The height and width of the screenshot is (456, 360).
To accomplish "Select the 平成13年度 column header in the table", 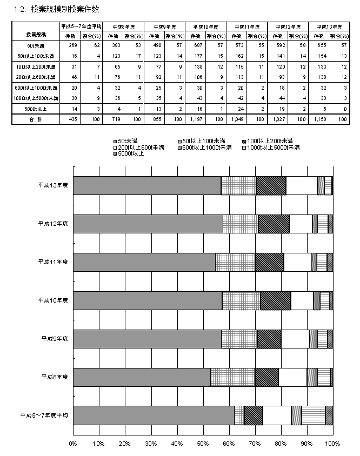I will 329,26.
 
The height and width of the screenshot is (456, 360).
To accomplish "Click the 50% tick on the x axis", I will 203,444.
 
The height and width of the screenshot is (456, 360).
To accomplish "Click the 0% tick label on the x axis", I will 74,444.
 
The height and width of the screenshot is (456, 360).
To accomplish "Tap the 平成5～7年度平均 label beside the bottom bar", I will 44,415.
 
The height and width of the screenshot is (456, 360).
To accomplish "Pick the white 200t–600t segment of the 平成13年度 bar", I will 301,185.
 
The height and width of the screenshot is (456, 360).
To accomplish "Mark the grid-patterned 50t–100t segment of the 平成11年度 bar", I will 235,262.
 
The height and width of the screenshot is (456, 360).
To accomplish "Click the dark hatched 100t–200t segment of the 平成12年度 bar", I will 274,224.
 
